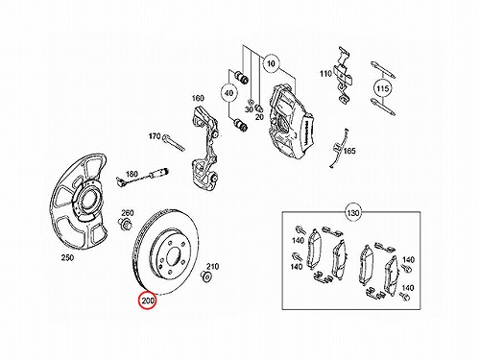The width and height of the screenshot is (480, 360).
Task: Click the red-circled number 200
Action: (x=148, y=301)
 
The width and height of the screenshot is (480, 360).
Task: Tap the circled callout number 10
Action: (x=271, y=63)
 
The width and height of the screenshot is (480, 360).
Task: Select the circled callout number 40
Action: (x=228, y=93)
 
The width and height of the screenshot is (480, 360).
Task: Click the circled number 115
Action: (x=383, y=88)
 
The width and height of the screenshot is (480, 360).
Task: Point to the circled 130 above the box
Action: (x=352, y=212)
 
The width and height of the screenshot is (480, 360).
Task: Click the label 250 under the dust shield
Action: (x=67, y=257)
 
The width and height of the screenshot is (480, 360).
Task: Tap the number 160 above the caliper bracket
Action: (x=198, y=98)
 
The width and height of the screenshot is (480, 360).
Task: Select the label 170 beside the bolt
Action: (x=155, y=136)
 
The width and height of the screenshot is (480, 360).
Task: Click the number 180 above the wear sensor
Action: (x=132, y=174)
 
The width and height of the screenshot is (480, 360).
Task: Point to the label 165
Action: (x=349, y=151)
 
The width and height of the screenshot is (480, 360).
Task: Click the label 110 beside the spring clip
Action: (x=325, y=74)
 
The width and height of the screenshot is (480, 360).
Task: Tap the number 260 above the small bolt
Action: (x=128, y=213)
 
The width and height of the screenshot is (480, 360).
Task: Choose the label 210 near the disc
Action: (x=212, y=266)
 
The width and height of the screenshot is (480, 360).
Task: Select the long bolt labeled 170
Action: (x=174, y=143)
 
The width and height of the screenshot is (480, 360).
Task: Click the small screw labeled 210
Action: (x=205, y=276)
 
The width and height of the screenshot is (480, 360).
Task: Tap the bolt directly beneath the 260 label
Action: (x=125, y=224)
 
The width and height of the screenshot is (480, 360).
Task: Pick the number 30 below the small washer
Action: (x=249, y=109)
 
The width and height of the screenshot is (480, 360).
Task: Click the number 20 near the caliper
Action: (x=259, y=117)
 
